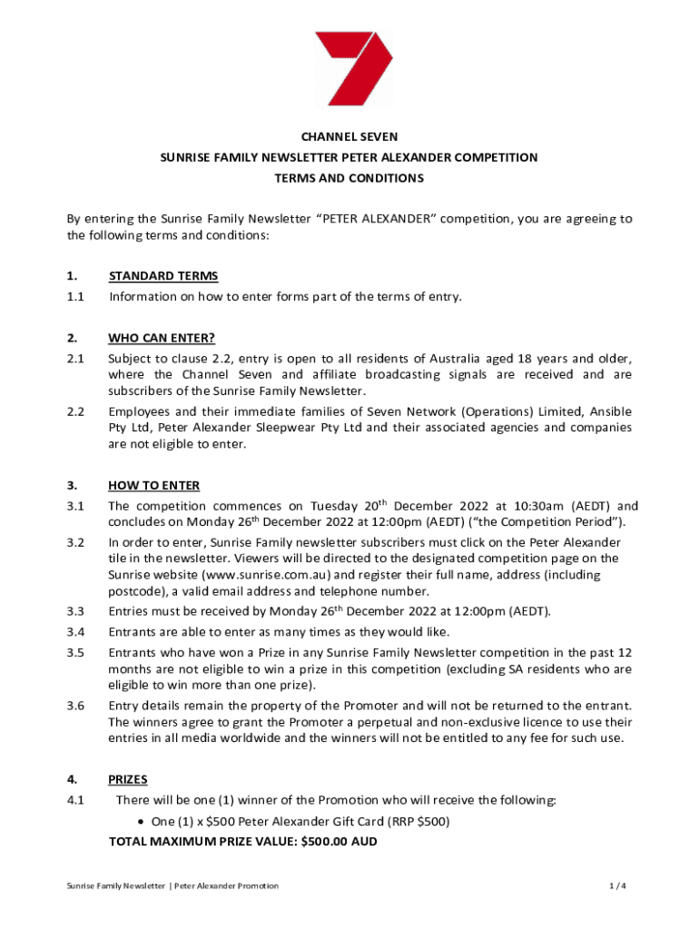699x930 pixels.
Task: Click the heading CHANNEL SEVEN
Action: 349,137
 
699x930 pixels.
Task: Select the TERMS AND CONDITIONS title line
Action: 349,178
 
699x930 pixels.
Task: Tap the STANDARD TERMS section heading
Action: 162,276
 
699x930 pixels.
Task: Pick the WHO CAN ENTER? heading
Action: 162,339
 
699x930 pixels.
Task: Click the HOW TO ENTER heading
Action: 153,485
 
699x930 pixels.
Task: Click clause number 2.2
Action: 75,411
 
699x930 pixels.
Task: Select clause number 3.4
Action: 75,631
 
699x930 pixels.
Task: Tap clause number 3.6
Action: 75,705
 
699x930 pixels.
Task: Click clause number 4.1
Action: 75,799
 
